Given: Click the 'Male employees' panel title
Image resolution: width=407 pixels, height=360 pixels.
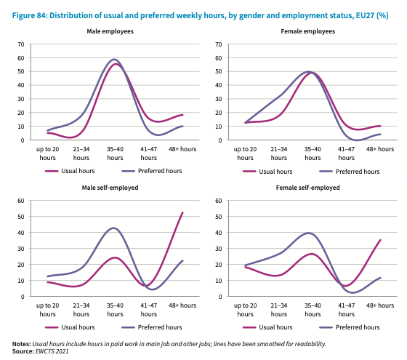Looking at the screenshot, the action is coord(110,31).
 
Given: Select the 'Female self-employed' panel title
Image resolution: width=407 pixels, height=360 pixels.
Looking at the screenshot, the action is coord(307,188).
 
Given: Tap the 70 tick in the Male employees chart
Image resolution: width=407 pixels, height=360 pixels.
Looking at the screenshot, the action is coord(21,44).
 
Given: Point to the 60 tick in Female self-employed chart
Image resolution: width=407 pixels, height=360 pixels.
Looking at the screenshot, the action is coord(219,201).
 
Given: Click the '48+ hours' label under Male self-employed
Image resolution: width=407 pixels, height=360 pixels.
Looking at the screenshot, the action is coord(182,305).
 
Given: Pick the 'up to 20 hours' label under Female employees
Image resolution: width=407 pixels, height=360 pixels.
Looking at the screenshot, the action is coord(245,153).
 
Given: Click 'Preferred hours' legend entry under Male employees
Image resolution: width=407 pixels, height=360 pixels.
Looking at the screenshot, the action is coord(152,171).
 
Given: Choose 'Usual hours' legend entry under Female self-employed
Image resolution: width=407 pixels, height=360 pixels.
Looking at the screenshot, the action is coord(267,327).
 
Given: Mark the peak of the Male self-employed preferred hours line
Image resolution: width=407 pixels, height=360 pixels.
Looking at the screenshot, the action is coord(113,228).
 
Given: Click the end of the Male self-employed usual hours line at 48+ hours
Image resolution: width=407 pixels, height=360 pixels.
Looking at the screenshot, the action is coord(182,212).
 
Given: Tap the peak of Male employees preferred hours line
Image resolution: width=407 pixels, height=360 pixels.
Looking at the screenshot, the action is coord(114,59).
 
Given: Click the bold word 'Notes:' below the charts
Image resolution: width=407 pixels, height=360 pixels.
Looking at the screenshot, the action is coord(22,344).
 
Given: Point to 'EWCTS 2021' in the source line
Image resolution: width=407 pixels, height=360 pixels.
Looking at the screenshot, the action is coord(52,351).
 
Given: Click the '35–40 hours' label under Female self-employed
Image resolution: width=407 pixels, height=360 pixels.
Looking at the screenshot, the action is coord(313,310).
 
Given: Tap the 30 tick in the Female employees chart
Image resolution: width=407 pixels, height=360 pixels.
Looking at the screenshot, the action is coord(219,99).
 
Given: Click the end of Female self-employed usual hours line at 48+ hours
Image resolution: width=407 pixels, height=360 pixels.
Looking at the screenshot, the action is coord(380,240).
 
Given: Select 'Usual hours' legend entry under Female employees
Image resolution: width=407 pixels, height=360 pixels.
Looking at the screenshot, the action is coord(267,172).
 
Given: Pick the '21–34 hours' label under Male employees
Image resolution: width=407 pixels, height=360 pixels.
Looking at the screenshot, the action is coord(81,153).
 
